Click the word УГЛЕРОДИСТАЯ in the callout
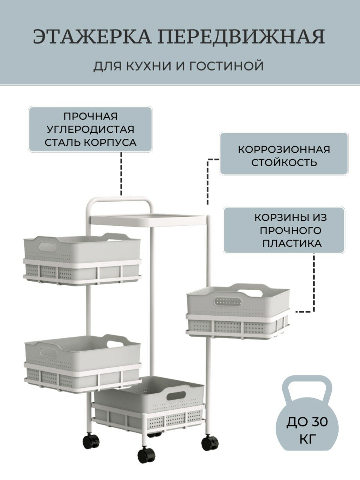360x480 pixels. [90, 129]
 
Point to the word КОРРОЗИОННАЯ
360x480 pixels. [284, 150]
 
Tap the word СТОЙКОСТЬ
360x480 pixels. [284, 163]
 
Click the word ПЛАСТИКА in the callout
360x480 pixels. [292, 243]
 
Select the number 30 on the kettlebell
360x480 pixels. [319, 422]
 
